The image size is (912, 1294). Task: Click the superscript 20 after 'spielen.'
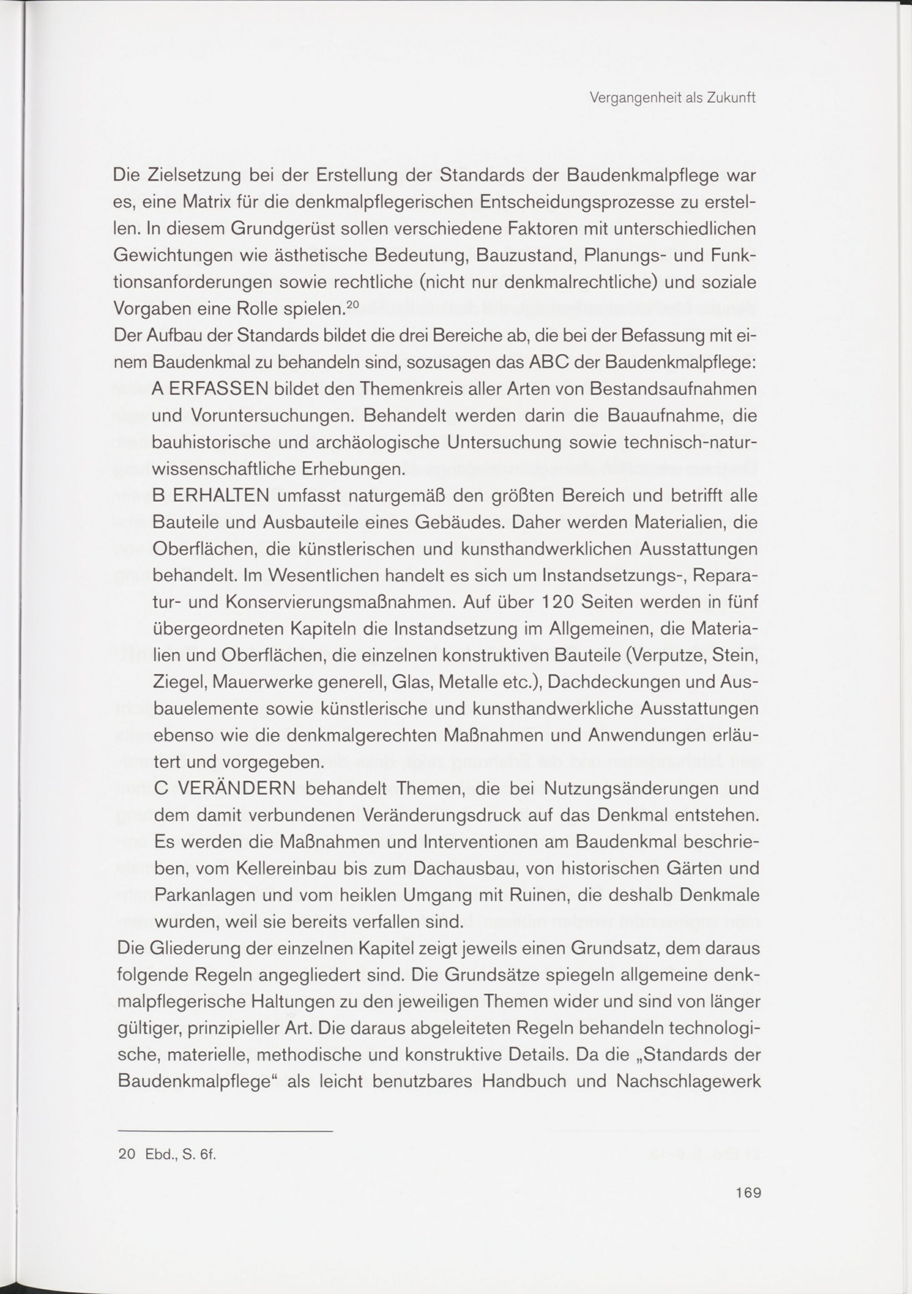(352, 305)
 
